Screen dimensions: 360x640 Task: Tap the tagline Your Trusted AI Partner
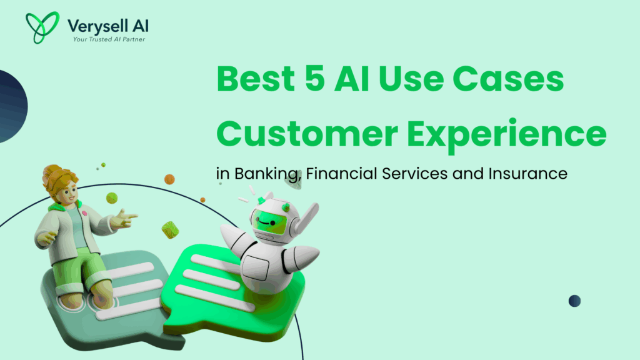[107, 39]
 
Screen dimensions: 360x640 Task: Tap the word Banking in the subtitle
[267, 174]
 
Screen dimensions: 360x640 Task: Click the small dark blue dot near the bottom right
[574, 301]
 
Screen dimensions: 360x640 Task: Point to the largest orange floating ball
[169, 179]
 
